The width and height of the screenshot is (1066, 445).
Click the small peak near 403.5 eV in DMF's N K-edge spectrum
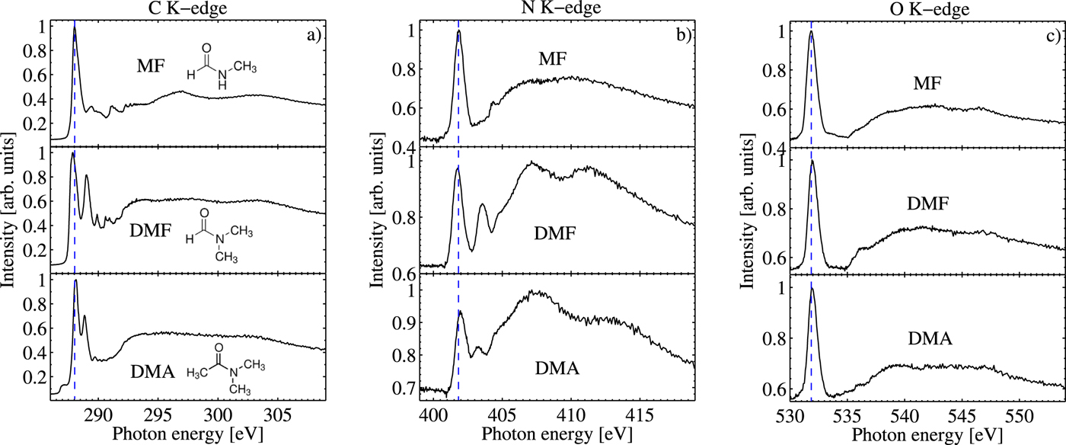(x=482, y=205)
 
